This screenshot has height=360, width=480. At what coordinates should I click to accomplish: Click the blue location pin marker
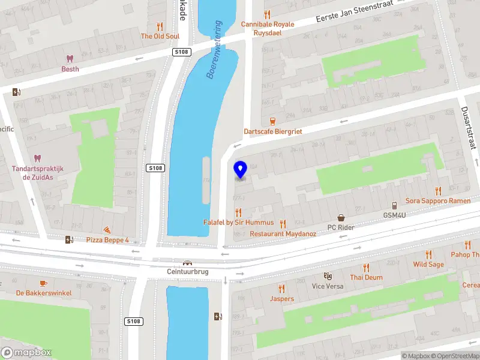click(x=241, y=170)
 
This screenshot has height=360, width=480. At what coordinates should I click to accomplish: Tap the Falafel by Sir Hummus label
click(x=239, y=223)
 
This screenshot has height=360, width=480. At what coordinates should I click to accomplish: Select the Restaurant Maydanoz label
click(x=283, y=233)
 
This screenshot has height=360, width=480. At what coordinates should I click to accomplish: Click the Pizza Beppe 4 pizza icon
click(x=107, y=230)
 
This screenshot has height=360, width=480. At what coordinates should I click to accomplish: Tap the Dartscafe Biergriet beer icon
click(x=273, y=121)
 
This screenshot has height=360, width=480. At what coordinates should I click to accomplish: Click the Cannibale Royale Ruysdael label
click(x=268, y=29)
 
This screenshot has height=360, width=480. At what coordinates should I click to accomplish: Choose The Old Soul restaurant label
click(x=160, y=36)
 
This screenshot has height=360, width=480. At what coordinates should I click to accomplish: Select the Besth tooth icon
click(x=70, y=59)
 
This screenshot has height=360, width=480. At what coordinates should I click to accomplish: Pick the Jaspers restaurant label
click(x=282, y=299)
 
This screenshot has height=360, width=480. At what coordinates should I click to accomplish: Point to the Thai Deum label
click(x=366, y=277)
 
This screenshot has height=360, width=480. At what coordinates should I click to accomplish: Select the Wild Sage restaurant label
click(x=428, y=265)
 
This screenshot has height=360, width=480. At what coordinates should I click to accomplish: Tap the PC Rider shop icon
click(x=341, y=218)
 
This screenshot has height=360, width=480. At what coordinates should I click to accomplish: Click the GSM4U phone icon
click(x=395, y=205)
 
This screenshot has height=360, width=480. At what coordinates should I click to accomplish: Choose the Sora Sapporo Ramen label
click(x=438, y=200)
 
